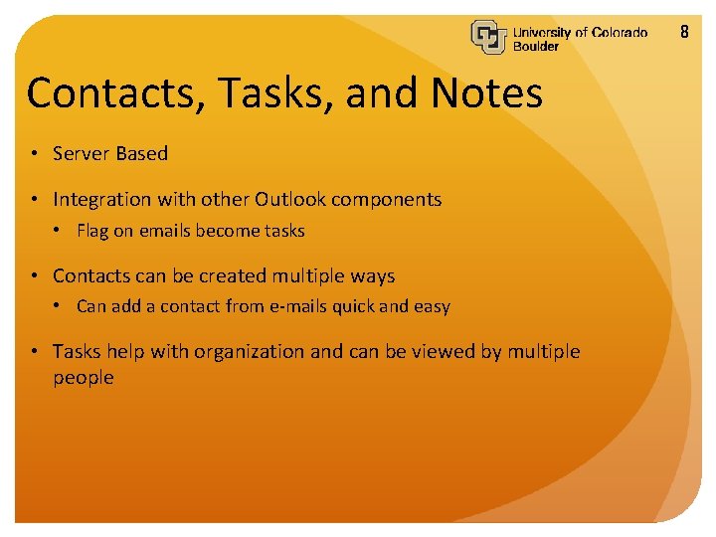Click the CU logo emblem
pyautogui.click(x=489, y=37)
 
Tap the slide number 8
pyautogui.click(x=684, y=32)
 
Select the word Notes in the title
pyautogui.click(x=487, y=93)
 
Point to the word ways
pyautogui.click(x=373, y=276)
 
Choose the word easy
pyautogui.click(x=432, y=307)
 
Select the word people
pyautogui.click(x=84, y=379)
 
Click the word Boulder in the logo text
pyautogui.click(x=536, y=47)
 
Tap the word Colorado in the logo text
pyautogui.click(x=619, y=32)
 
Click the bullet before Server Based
pyautogui.click(x=34, y=154)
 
